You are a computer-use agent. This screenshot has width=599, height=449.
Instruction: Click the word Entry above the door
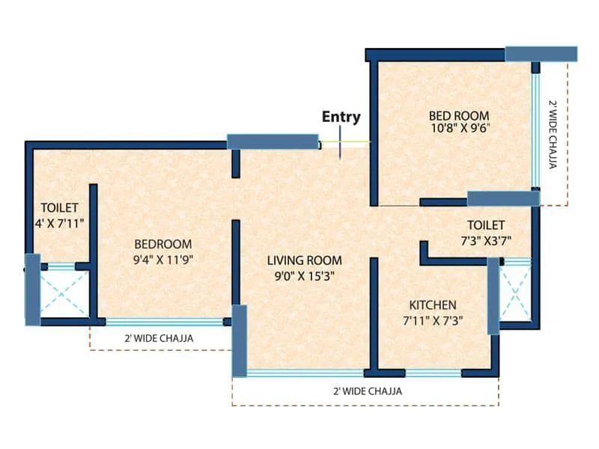[341, 117]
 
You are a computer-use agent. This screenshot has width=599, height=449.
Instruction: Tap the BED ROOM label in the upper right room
[458, 116]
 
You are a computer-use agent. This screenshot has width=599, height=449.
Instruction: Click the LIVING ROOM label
[305, 260]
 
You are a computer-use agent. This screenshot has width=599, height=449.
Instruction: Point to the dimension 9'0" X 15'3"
[305, 275]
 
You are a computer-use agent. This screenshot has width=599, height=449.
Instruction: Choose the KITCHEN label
[432, 305]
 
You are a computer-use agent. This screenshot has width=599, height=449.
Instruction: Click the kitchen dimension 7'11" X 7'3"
[432, 320]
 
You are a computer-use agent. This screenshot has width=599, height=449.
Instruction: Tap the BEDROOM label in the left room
[162, 244]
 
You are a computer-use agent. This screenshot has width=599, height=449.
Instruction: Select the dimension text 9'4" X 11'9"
[162, 260]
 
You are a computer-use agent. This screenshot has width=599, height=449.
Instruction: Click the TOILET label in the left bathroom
[59, 207]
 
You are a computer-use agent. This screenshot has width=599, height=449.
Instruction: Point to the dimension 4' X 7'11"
[59, 222]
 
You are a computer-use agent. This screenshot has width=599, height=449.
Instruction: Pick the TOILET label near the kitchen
[485, 224]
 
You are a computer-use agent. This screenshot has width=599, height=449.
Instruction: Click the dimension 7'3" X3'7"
[485, 239]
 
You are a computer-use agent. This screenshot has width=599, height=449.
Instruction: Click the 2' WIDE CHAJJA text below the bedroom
[159, 338]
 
